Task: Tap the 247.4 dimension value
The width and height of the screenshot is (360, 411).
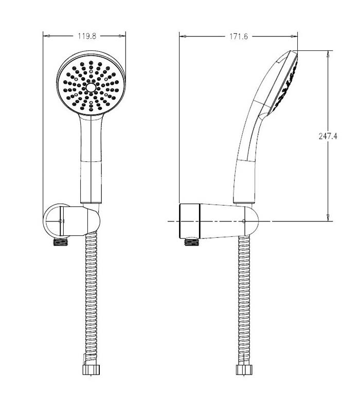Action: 329,136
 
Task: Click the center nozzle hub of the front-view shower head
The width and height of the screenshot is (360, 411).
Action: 92,88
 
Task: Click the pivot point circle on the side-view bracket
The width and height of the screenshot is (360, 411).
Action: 243,221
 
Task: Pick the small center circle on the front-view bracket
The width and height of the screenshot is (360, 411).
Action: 61,221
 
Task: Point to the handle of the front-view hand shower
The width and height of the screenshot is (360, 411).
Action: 92,159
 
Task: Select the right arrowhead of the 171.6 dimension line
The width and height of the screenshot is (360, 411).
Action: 295,36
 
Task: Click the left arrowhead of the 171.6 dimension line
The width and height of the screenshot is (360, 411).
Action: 182,36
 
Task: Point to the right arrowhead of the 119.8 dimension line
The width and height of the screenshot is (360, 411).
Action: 123,36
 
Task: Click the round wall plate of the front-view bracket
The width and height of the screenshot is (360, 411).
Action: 51,221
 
